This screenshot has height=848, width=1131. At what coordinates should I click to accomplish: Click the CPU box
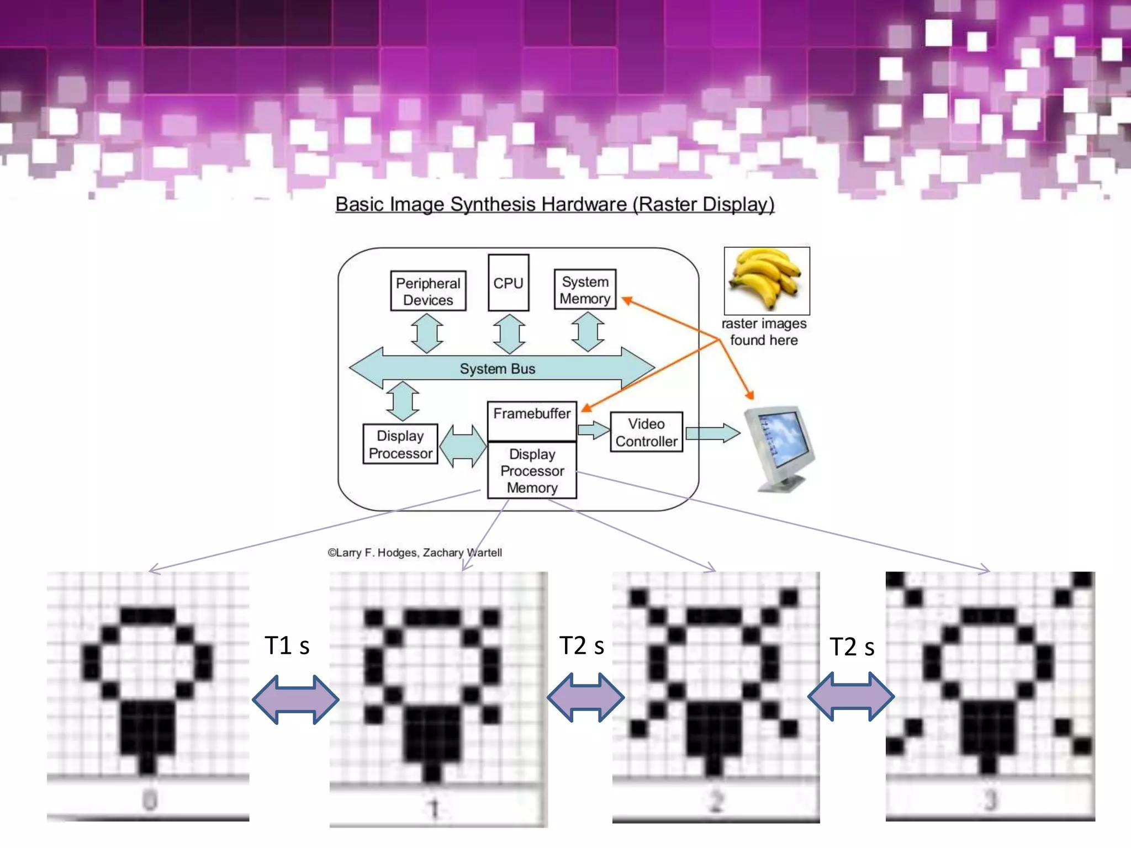[508, 283]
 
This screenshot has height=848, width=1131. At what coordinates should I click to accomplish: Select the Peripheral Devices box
[428, 291]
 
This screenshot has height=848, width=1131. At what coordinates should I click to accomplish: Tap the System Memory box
[585, 289]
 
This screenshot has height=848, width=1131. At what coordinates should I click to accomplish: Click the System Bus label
[498, 369]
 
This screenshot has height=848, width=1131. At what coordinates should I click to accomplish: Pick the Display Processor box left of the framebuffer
[400, 444]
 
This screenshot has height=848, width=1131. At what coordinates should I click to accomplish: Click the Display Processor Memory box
[532, 470]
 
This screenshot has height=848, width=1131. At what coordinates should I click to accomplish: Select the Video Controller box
[646, 432]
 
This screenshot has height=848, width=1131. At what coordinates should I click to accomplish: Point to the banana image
[767, 280]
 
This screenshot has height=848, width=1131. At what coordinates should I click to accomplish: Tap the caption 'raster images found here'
[764, 332]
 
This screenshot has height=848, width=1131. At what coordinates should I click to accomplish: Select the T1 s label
[287, 645]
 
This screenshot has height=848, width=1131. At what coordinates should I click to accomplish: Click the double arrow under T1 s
[295, 699]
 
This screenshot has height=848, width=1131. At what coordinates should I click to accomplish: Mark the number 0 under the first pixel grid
[150, 799]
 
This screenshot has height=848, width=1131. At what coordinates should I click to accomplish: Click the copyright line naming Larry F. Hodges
[415, 553]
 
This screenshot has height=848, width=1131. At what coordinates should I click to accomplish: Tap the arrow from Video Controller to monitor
[712, 433]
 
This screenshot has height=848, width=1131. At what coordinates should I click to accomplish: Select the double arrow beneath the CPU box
[509, 333]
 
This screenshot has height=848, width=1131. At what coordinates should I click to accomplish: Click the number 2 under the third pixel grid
[716, 801]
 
